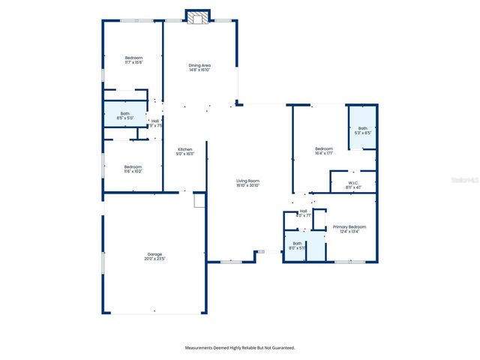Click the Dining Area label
(x=199, y=65)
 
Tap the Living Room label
(x=247, y=181)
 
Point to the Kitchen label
(x=185, y=149)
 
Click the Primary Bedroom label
(x=349, y=226)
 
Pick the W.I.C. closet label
(x=354, y=182)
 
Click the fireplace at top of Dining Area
(x=199, y=19)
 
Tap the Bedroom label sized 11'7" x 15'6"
(x=133, y=58)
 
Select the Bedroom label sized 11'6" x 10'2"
(x=133, y=166)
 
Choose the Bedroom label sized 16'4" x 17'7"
(x=324, y=148)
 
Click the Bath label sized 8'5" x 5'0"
(x=124, y=114)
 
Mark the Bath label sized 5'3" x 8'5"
(x=362, y=128)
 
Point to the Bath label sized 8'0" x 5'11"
(x=297, y=243)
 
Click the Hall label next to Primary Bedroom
(x=303, y=211)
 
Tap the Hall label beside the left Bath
(x=155, y=121)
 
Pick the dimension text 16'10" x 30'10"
(x=247, y=185)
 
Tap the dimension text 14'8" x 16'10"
(x=199, y=70)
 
